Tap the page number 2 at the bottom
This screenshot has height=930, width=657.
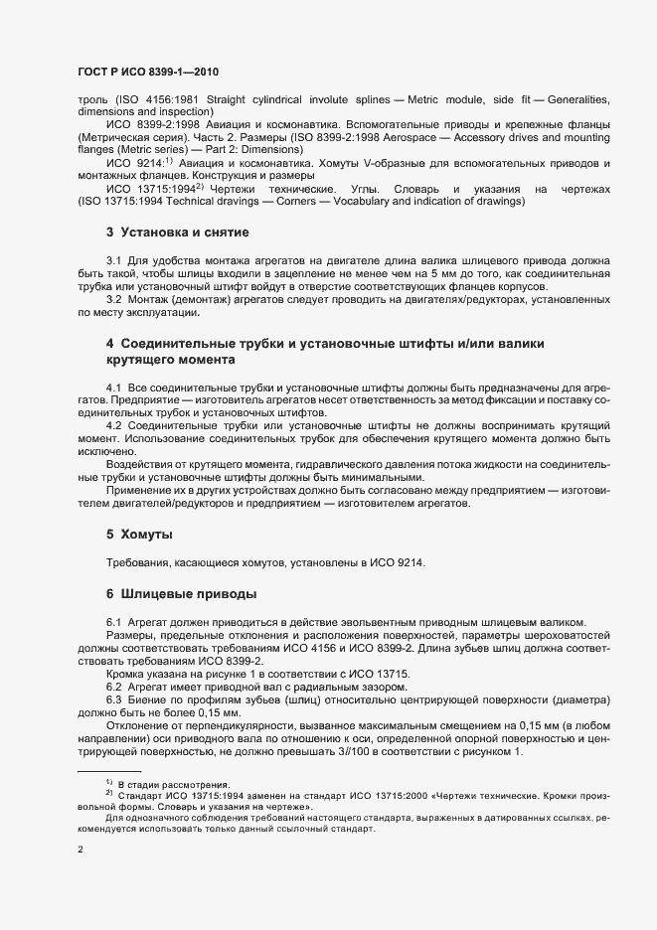(x=81, y=850)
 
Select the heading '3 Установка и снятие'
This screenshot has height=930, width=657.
(x=177, y=233)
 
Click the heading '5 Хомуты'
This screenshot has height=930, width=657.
(x=139, y=534)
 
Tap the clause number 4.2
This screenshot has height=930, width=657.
(x=113, y=424)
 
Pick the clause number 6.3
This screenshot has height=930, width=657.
(x=113, y=699)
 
